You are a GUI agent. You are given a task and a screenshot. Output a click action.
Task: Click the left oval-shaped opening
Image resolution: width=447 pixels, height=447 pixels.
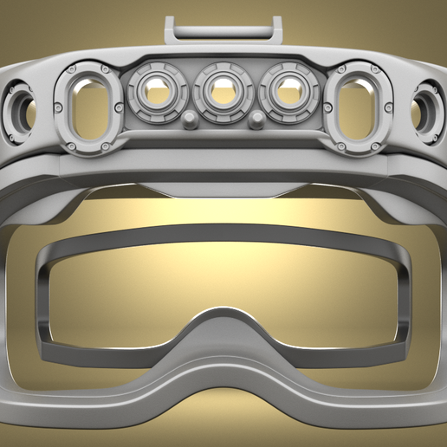87,107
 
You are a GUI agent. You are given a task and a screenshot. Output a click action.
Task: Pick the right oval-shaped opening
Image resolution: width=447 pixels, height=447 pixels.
360,107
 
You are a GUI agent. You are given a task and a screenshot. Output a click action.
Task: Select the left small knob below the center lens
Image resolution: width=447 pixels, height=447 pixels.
189,120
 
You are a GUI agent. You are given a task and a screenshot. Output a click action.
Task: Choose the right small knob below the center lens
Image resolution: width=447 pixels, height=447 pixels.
257,120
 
